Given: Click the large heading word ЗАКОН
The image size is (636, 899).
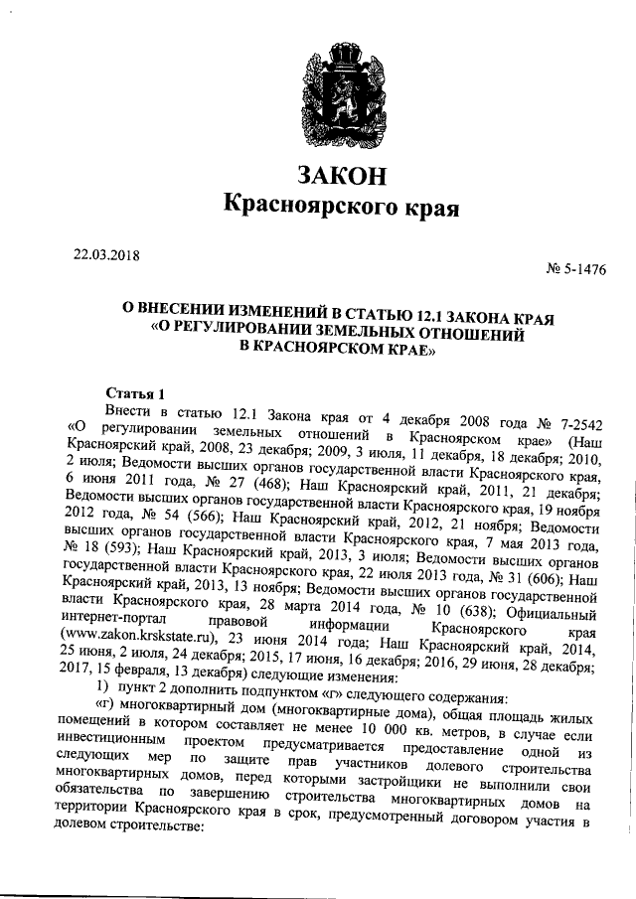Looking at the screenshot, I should tap(340, 177).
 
